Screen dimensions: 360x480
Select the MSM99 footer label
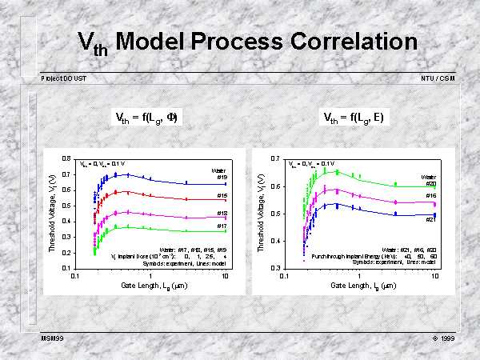(x=53, y=338)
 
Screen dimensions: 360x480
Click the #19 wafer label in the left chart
(x=223, y=178)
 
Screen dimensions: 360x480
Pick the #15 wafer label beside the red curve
(x=223, y=195)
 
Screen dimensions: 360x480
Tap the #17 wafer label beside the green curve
(x=223, y=226)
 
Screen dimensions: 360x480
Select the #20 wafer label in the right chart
(x=430, y=183)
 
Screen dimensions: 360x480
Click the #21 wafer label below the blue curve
(x=430, y=219)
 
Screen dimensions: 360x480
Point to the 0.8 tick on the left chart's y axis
(x=66, y=158)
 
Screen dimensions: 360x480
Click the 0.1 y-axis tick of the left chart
(x=66, y=268)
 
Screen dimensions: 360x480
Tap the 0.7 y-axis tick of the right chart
(x=274, y=158)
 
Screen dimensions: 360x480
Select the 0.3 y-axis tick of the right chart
(x=274, y=268)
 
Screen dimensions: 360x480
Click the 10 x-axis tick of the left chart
(x=226, y=276)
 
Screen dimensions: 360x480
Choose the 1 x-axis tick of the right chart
(x=359, y=276)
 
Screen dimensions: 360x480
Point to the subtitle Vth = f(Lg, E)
(x=353, y=118)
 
